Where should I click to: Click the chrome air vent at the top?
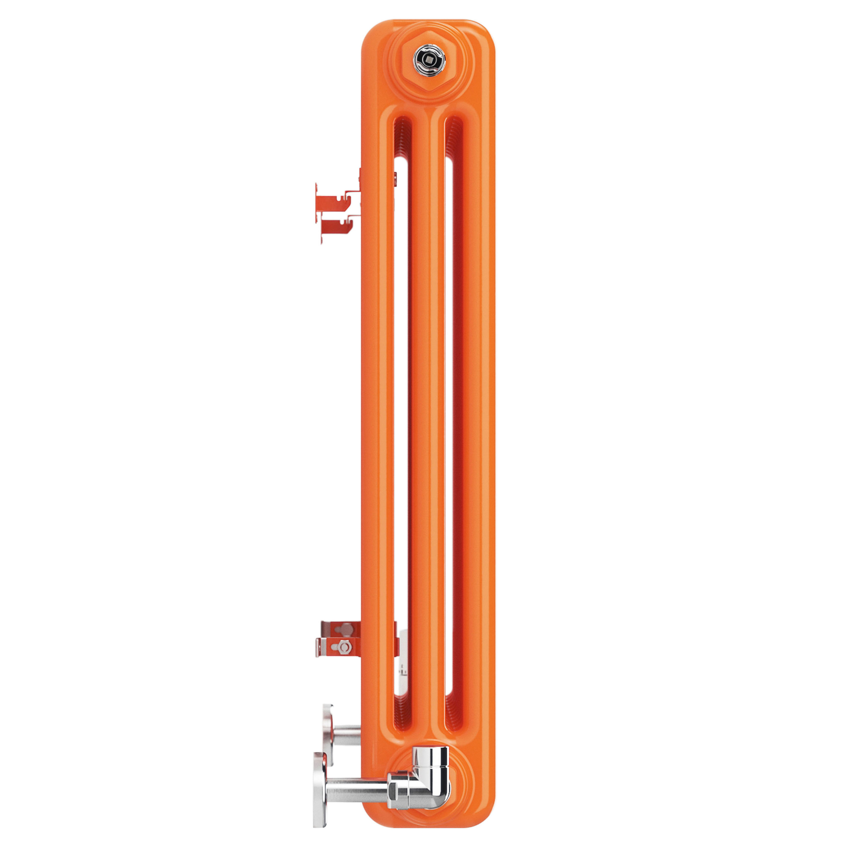(429, 59)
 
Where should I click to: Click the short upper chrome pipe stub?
(347, 735)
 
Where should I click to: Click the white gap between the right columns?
(449, 401)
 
